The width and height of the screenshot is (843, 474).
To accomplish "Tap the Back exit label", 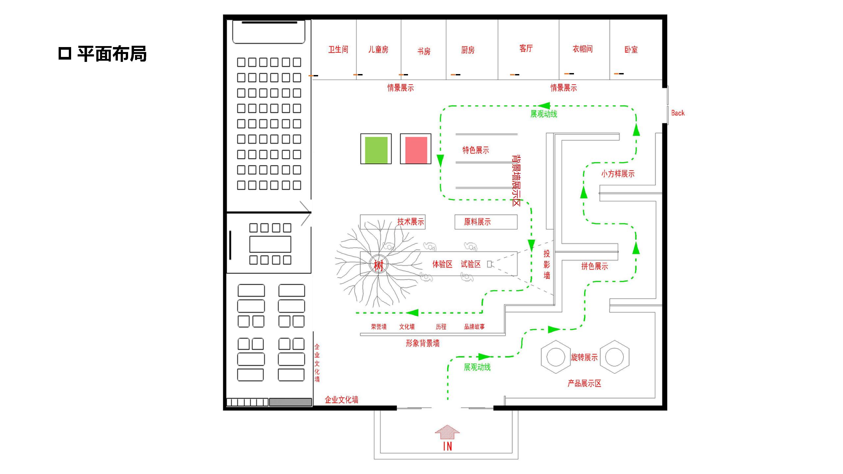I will tap(678, 113).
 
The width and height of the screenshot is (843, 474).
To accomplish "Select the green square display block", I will tap(376, 150).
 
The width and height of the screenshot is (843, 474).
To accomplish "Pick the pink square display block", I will tap(416, 150).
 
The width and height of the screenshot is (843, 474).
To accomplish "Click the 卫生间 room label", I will tap(338, 49).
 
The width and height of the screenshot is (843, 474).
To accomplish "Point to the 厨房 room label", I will tap(468, 50).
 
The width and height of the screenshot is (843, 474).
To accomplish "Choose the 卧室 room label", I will tap(631, 49).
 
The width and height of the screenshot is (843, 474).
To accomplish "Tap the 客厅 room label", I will tap(526, 48).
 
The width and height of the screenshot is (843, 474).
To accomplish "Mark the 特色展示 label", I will tap(476, 150).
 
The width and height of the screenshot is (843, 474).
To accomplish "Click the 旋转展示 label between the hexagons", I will tap(584, 357).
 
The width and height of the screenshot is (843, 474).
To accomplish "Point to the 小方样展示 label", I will tap(618, 174).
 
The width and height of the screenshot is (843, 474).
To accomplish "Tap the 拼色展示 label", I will tap(594, 266).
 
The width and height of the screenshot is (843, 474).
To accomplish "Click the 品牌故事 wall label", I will tap(474, 327).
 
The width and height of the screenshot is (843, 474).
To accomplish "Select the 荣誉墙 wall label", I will tap(379, 327).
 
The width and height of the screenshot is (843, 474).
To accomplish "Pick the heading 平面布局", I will tap(112, 54).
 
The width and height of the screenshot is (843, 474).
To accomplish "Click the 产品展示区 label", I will tap(584, 383).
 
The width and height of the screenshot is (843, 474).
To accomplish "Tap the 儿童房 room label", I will tap(378, 49).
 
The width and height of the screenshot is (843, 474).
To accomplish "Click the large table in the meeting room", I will tap(270, 244).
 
